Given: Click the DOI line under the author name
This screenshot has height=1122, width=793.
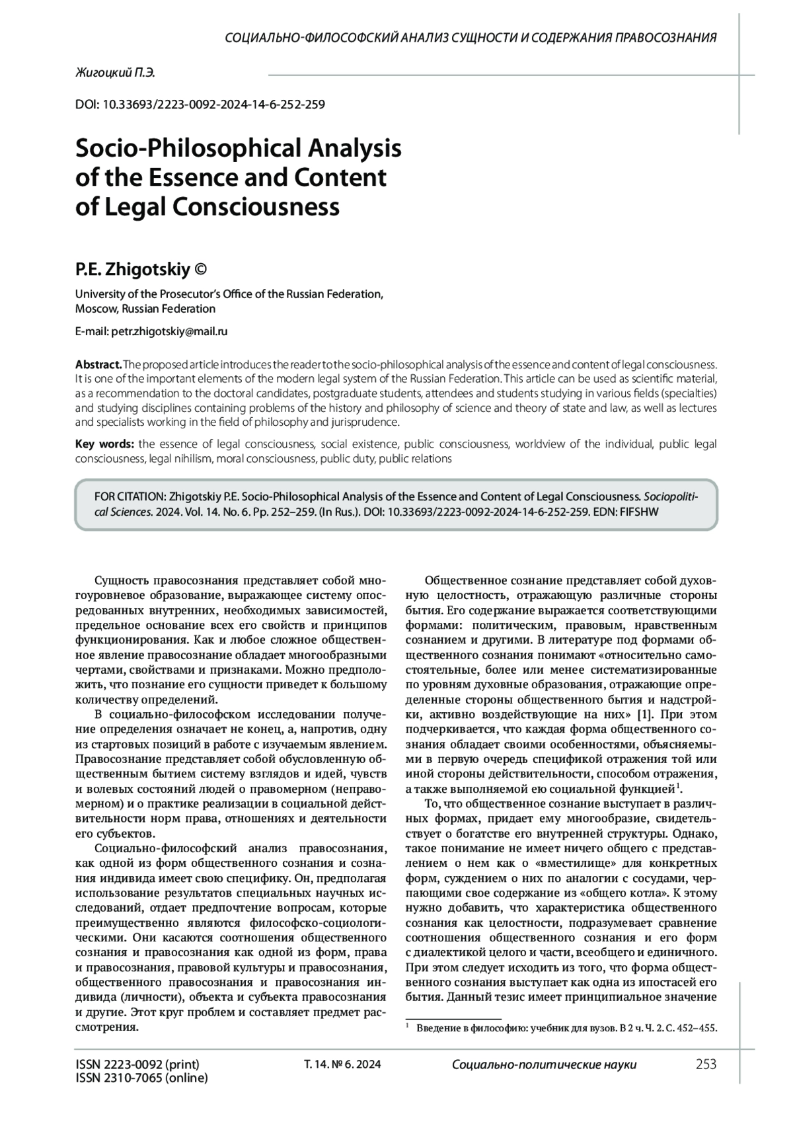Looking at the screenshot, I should pyautogui.click(x=200, y=104).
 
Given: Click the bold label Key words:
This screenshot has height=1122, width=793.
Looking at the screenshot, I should pyautogui.click(x=105, y=444).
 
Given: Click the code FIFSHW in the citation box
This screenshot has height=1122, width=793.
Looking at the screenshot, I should pyautogui.click(x=640, y=511).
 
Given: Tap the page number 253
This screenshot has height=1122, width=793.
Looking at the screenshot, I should pyautogui.click(x=706, y=1064).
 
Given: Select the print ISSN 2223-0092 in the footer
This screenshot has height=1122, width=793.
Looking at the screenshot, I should pyautogui.click(x=137, y=1064).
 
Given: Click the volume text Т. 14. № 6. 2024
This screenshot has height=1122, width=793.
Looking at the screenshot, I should pyautogui.click(x=342, y=1064).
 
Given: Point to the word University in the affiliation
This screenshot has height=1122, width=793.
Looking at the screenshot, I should pyautogui.click(x=99, y=294).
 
